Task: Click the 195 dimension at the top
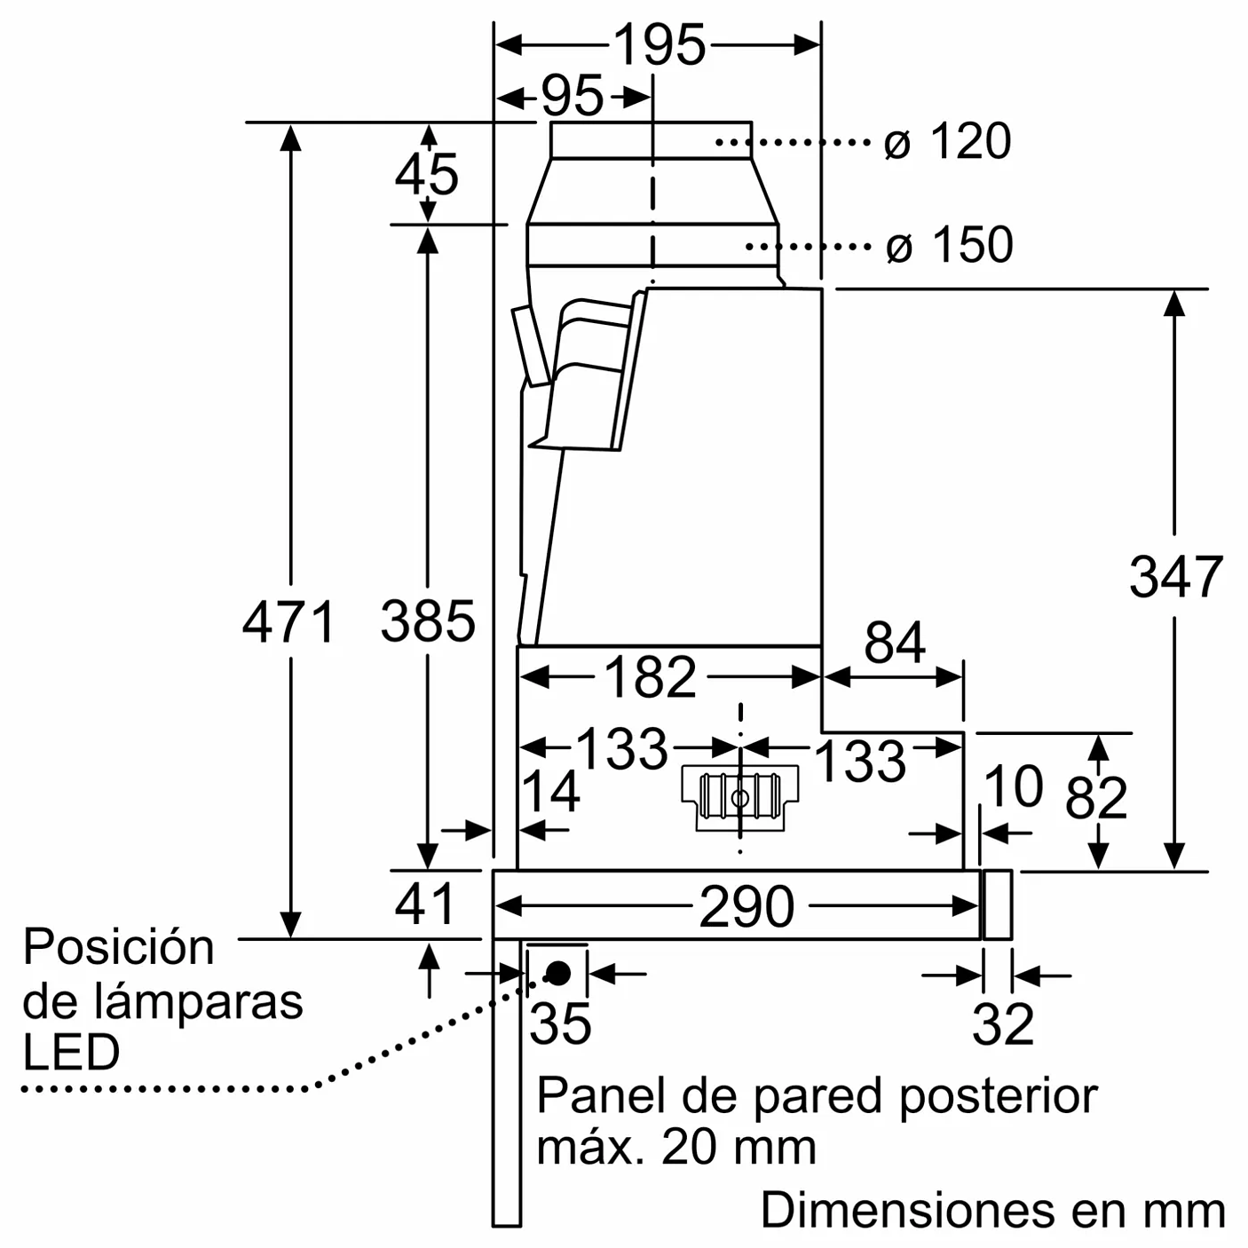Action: (659, 45)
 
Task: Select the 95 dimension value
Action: (572, 96)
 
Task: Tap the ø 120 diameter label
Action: (948, 141)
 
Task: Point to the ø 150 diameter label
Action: (949, 244)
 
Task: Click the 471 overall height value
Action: (289, 621)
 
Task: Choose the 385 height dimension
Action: (428, 620)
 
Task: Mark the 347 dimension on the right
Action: (1175, 576)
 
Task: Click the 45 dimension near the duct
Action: (427, 173)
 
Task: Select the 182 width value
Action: (651, 677)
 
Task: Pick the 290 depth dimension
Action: (746, 906)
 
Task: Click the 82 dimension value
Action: (1096, 797)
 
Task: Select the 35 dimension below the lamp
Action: (560, 1023)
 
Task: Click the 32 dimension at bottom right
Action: (1003, 1024)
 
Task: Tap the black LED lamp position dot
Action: (558, 974)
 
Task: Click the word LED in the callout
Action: (71, 1053)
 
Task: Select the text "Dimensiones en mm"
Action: (992, 1210)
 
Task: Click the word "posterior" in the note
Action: (998, 1096)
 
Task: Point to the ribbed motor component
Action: (739, 796)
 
